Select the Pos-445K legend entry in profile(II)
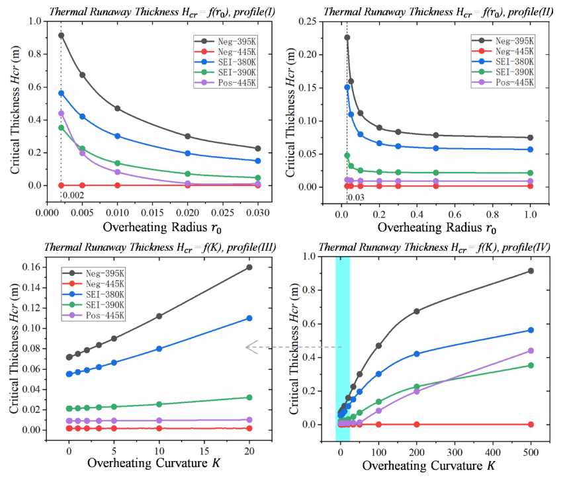(x=505, y=82)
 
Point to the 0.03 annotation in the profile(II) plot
(x=355, y=196)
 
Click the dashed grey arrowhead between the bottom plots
(x=251, y=347)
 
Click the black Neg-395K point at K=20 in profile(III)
(x=249, y=267)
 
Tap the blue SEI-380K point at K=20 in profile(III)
(x=249, y=318)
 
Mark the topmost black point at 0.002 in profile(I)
(x=61, y=35)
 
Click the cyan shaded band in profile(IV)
(x=342, y=331)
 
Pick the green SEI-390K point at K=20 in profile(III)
(x=249, y=398)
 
